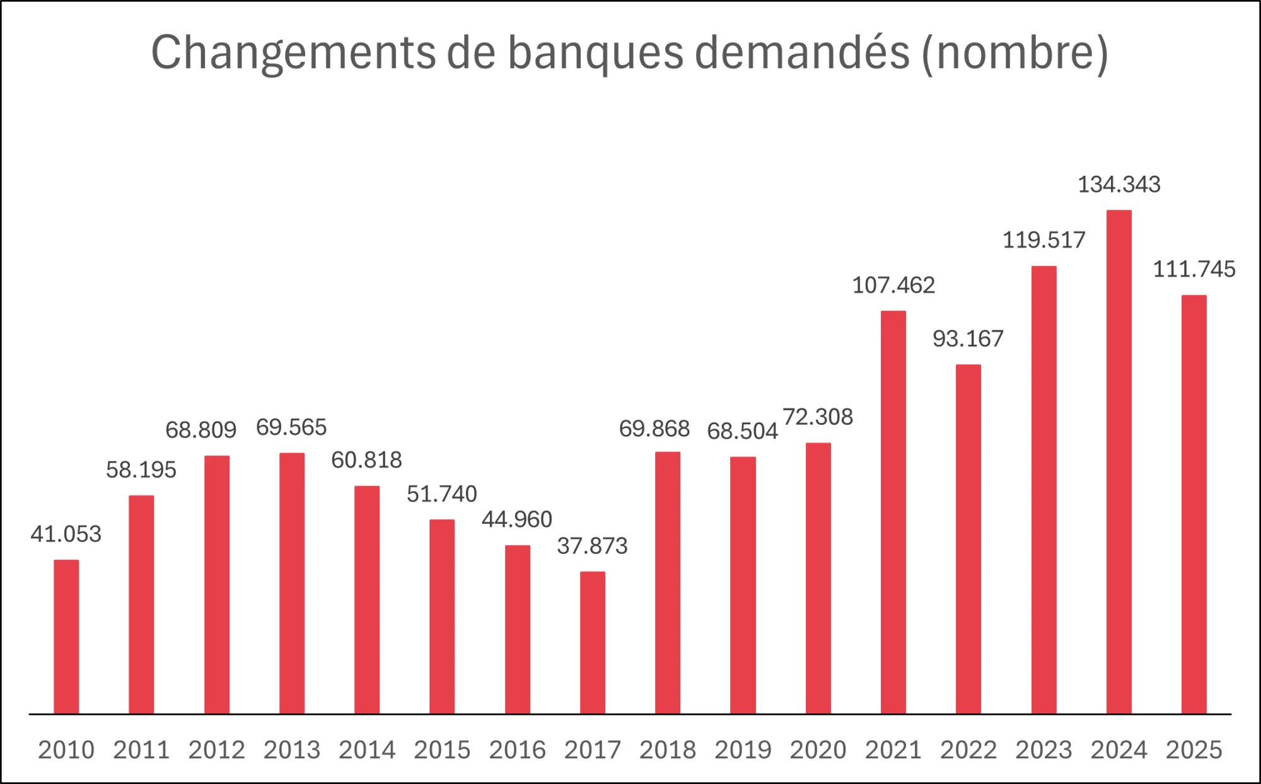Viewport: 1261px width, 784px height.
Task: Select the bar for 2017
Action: [592, 642]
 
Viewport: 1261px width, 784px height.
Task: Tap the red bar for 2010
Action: [66, 637]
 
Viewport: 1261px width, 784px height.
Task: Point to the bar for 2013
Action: [292, 583]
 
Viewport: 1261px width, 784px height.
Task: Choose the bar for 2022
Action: [968, 539]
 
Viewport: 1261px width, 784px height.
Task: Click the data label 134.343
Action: [1119, 185]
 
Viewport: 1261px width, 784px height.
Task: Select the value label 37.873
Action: [592, 546]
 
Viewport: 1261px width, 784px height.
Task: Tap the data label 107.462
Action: [893, 285]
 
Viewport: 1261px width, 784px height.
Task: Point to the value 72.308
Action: [818, 417]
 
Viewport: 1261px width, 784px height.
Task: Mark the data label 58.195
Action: [141, 470]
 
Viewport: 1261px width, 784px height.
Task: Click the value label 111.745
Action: [1194, 270]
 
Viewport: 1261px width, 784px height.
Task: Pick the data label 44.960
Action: [517, 519]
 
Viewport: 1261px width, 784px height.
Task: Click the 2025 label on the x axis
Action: [1194, 750]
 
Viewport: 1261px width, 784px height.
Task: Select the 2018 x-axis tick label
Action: [668, 750]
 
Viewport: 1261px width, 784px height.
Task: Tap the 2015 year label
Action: [442, 750]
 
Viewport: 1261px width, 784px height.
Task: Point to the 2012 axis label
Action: [216, 750]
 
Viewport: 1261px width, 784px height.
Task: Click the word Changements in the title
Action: [293, 53]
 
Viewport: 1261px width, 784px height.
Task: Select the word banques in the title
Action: [595, 53]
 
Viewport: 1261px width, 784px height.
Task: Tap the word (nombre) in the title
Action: [1014, 53]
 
